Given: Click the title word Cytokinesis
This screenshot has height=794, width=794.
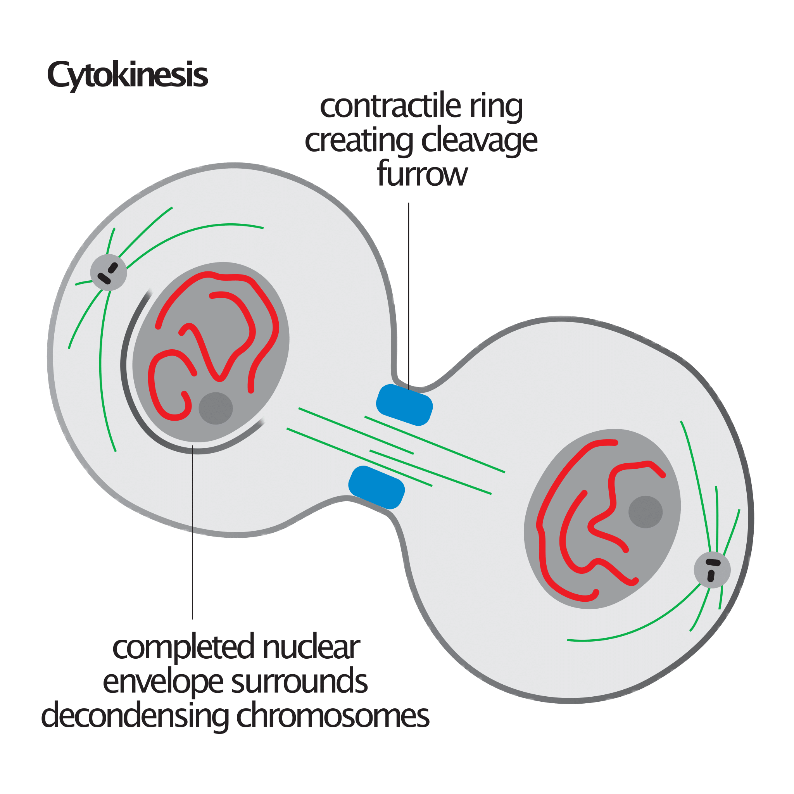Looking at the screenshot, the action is (128, 76).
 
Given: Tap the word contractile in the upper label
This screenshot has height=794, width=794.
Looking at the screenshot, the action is (391, 107).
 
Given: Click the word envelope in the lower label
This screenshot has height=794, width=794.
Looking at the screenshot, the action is (163, 683).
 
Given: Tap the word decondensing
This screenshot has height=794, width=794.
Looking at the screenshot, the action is (135, 717).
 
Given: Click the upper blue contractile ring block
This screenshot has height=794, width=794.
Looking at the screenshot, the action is (404, 405).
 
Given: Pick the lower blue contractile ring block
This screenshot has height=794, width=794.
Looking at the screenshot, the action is (376, 487).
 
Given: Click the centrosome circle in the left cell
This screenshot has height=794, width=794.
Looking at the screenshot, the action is (109, 273).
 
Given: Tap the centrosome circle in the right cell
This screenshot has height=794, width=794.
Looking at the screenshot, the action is (712, 570).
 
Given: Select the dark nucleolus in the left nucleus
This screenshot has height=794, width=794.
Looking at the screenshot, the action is (216, 408).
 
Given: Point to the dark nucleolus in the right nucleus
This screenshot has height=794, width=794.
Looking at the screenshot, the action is (646, 512).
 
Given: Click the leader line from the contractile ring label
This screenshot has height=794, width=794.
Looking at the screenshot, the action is (409, 296).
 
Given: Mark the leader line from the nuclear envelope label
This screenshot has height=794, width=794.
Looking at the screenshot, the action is (192, 532).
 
